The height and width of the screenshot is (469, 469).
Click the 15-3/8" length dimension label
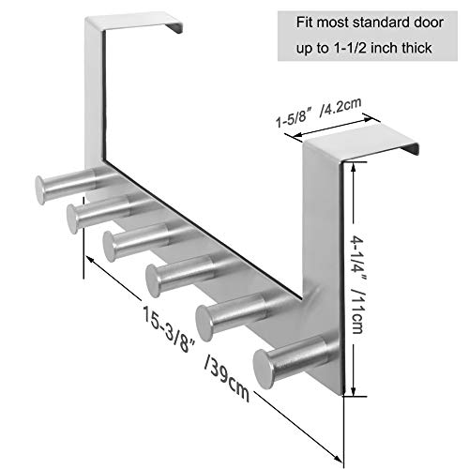point(170,329)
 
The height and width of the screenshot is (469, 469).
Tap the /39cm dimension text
point(227,378)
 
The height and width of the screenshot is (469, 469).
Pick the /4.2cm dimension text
point(340,107)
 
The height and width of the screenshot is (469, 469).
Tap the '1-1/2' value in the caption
point(351,48)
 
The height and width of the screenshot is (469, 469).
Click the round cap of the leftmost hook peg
point(39,190)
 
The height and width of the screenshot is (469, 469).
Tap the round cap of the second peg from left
point(72,219)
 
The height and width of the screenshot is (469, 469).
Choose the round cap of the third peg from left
point(109,247)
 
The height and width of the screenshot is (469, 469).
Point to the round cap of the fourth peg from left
point(153,280)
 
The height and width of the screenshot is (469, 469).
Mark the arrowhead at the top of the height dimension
point(354,168)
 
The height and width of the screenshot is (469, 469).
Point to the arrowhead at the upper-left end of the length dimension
point(91,260)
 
